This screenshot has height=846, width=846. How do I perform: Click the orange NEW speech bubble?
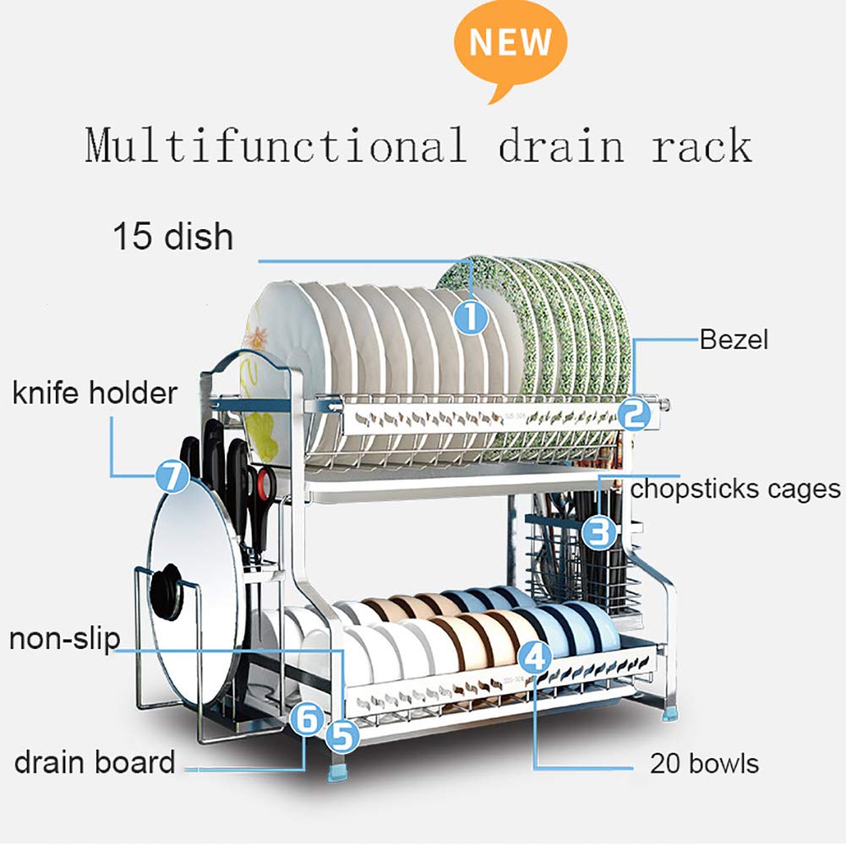point(510,46)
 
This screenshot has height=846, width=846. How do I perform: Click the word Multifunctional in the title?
point(276,145)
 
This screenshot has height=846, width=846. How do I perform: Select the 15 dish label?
point(172,237)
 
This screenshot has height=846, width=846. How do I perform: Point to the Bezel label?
point(734,340)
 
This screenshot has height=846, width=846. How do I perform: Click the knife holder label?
point(95,392)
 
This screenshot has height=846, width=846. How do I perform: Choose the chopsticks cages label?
point(735,488)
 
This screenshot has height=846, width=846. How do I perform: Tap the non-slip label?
point(65,639)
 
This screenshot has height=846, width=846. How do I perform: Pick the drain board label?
point(95,761)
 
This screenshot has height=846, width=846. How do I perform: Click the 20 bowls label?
point(704,763)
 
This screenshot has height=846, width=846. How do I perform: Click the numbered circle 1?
point(471,317)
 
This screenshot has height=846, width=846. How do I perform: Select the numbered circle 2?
point(634,414)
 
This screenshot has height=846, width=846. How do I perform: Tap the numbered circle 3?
point(599,532)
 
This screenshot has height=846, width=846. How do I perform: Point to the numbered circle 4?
point(535,658)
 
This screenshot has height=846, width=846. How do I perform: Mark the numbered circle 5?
point(342,736)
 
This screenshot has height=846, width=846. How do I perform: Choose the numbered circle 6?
point(308,719)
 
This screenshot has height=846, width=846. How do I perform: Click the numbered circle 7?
point(172,477)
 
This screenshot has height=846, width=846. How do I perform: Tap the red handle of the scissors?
point(265,483)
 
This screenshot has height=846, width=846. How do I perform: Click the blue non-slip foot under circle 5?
point(337,772)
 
